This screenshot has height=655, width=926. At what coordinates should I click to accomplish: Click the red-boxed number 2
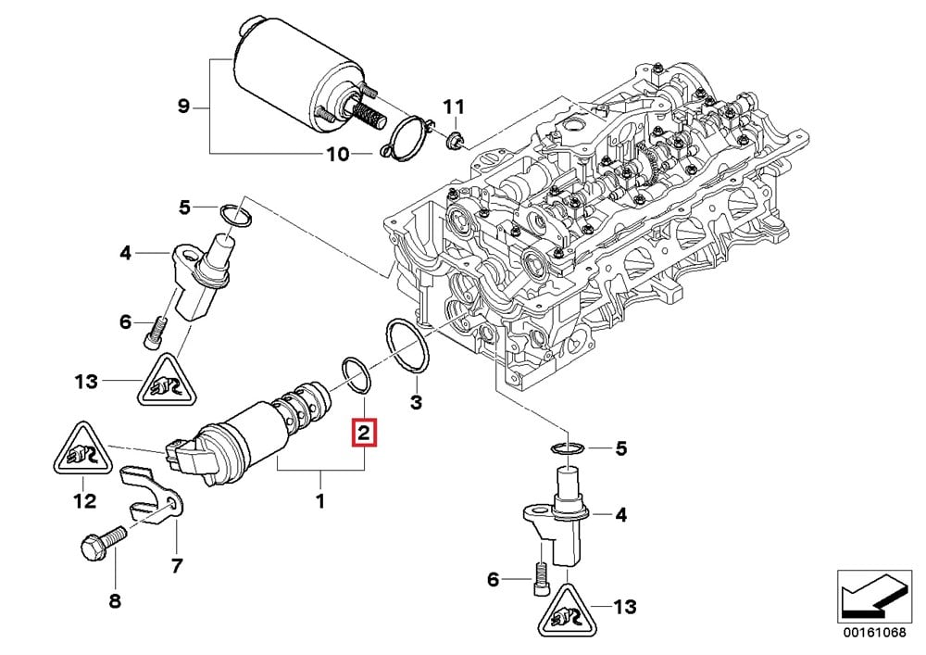coord(364,432)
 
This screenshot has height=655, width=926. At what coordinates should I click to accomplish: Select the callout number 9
coord(183,107)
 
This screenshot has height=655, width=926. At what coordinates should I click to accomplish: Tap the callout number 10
coord(337,153)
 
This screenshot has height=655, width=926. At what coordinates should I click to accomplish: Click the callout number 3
coord(416,402)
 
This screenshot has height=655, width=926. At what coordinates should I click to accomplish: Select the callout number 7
coord(176,564)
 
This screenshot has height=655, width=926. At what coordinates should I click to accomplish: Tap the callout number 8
coord(115,601)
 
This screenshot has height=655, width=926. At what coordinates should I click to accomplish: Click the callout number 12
coord(84,501)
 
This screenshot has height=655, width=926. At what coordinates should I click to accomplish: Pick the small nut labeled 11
coord(453,140)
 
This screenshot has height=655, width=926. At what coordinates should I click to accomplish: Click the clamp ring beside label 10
coord(407,138)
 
